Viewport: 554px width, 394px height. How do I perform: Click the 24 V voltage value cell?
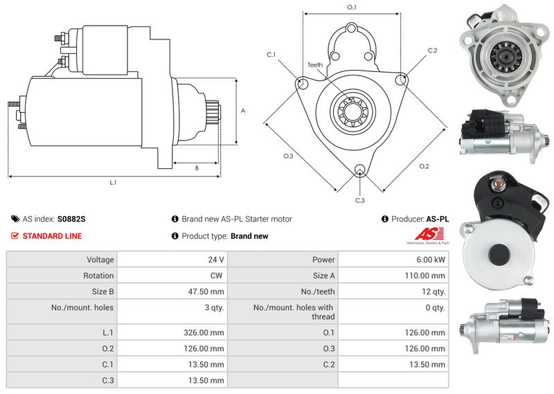216,260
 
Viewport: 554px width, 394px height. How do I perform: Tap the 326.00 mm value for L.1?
204,332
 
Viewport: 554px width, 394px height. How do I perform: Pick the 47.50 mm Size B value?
206,292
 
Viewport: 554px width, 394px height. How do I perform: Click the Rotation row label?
98,276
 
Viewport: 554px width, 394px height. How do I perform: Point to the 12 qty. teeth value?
434,292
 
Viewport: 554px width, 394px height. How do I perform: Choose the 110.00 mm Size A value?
425,276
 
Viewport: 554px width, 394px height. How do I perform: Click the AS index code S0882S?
71,219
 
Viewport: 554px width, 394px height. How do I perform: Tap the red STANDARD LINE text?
53,236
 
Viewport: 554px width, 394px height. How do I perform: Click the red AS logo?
429,234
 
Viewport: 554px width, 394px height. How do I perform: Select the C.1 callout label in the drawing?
271,55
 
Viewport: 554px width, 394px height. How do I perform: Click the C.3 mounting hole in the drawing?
359,169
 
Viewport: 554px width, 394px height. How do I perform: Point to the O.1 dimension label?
352,7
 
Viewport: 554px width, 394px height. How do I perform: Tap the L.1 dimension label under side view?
113,182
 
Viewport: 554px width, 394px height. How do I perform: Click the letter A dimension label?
243,111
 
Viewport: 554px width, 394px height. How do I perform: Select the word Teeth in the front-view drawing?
315,65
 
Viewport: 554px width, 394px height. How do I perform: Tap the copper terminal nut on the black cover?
497,183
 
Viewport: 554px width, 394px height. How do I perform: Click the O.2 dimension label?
424,166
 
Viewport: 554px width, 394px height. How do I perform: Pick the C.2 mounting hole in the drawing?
402,80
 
